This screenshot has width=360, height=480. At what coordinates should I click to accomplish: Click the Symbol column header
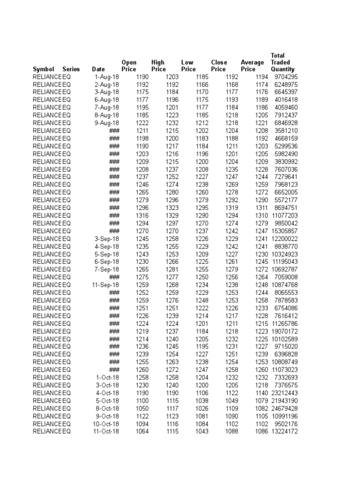[x=43, y=69]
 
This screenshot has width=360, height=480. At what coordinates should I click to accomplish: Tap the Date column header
[x=98, y=69]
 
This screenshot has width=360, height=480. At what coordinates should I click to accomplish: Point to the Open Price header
[x=129, y=66]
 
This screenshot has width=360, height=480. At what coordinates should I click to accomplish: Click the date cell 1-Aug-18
[x=106, y=77]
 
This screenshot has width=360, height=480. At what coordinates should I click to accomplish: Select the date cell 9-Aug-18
[x=106, y=123]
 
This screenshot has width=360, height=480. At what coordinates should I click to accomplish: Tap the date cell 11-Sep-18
[x=105, y=285]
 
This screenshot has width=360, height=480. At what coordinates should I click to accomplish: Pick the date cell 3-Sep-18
[x=106, y=239]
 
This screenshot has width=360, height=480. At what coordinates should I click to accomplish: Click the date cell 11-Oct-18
[x=105, y=431]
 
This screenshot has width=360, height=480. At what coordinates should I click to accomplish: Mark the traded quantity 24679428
[x=284, y=408]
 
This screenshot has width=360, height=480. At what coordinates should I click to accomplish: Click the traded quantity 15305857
[x=284, y=231]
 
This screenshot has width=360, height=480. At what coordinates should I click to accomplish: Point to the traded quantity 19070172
[x=284, y=331]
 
